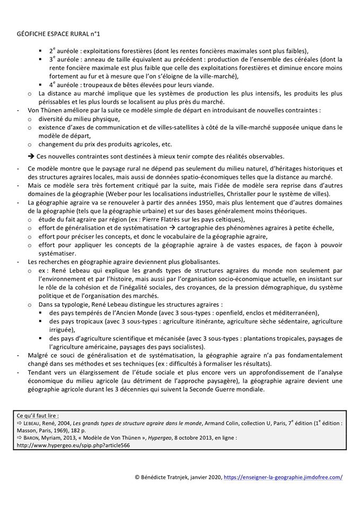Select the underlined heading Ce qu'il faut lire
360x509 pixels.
pyautogui.click(x=38, y=415)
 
